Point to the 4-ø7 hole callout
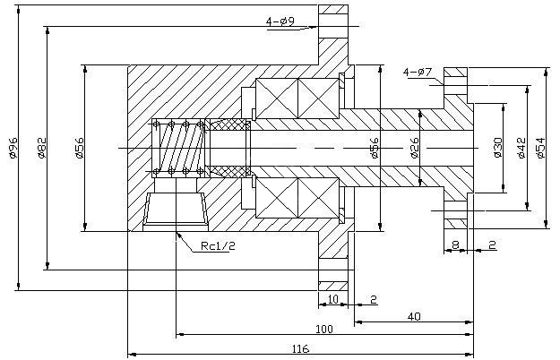418,71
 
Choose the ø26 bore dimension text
414,148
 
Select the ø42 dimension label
521,148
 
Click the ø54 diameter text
539,148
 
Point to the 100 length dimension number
323,330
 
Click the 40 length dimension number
413,315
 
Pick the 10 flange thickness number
332,298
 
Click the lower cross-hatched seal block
230,170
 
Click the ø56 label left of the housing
80,148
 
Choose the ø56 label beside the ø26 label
374,148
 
